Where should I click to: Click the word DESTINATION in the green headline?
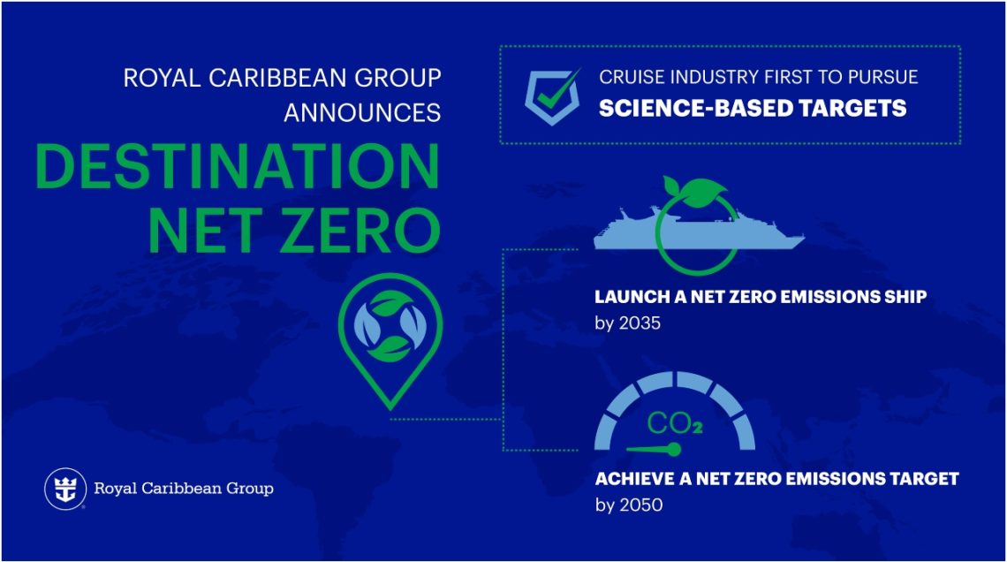pos(237,167)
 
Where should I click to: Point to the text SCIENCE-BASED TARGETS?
pos(753,109)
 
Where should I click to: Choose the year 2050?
pos(641,505)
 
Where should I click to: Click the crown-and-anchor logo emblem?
pos(65,489)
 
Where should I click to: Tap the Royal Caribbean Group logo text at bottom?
pos(184,489)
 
